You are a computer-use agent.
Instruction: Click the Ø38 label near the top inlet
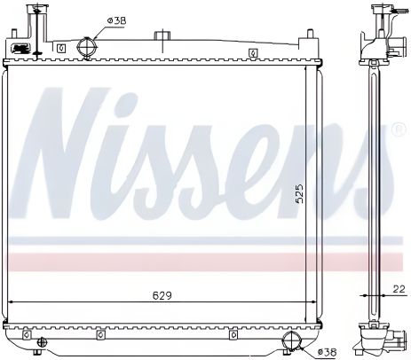pos(115,20)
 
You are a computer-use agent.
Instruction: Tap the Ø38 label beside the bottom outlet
pos(328,352)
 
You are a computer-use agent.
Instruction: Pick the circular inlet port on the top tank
pos(86,47)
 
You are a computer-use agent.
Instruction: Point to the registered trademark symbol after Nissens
pos(399,129)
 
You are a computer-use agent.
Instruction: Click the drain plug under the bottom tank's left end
pos(28,340)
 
